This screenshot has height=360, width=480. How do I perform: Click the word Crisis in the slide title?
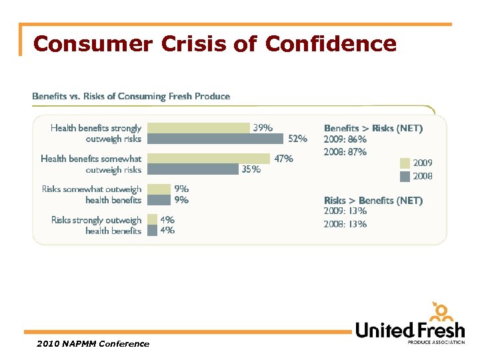[196, 44]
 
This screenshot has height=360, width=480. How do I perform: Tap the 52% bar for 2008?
[216, 139]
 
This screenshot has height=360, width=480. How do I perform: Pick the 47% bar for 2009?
[208, 159]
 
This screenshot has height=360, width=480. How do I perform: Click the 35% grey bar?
[193, 169]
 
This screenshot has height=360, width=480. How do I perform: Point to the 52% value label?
[297, 139]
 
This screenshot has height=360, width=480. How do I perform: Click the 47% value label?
[283, 159]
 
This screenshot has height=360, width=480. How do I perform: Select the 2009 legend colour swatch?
[405, 163]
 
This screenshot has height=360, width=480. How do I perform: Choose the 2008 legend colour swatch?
[405, 176]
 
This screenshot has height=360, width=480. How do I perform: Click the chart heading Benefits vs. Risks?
[131, 97]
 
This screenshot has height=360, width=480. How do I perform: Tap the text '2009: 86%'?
[345, 139]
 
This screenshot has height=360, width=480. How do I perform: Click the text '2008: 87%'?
[345, 151]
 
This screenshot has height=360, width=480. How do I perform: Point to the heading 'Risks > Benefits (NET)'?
[373, 201]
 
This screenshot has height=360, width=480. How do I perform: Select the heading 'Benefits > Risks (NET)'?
[373, 128]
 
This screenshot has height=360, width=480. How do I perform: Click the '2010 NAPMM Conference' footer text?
[93, 344]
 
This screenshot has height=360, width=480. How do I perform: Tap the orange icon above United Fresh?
[442, 311]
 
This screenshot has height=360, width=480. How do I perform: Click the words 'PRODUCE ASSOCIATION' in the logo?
[436, 343]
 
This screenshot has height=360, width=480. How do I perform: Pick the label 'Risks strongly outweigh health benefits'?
[96, 225]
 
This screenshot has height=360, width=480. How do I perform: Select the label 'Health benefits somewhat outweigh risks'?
[91, 164]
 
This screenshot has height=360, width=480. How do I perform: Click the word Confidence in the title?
[331, 44]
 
